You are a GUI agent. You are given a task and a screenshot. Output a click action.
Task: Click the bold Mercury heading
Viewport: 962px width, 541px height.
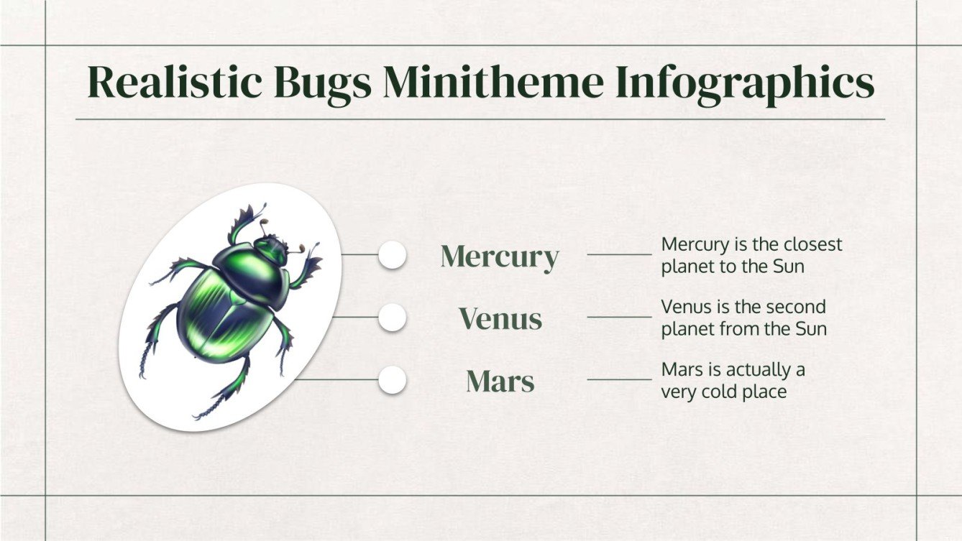point(499,256)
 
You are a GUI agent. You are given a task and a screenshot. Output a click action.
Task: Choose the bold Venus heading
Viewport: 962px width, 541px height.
point(500,318)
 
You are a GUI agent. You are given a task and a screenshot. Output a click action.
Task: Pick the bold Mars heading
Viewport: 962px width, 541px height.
point(500,381)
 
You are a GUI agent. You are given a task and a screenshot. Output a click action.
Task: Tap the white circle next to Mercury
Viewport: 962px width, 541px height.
point(392,255)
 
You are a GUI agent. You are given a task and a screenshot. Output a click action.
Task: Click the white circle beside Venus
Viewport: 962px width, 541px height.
point(392,317)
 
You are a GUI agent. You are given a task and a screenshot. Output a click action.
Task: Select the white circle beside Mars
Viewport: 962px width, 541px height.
point(392,379)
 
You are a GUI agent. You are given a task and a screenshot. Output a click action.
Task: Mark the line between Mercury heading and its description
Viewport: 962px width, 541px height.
point(619,254)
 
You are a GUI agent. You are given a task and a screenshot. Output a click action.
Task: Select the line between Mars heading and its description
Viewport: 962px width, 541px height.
point(619,379)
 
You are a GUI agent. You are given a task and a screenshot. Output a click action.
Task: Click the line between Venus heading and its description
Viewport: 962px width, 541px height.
point(619,317)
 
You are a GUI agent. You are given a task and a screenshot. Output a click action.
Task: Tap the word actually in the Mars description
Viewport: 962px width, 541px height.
point(756,371)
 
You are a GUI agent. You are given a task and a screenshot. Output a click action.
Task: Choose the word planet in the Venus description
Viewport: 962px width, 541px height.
point(686,330)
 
